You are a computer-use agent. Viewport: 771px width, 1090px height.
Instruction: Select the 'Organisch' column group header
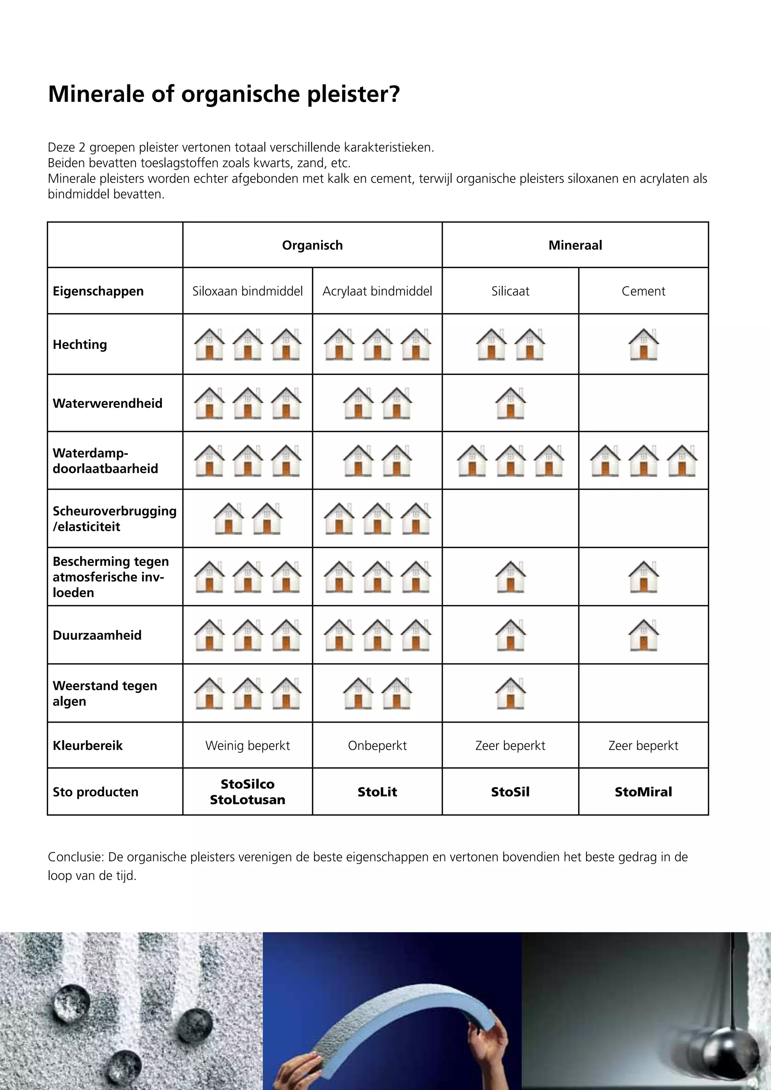[312, 245]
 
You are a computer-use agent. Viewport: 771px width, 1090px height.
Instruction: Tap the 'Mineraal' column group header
[575, 245]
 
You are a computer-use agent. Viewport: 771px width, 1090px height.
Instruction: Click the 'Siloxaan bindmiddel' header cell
[247, 291]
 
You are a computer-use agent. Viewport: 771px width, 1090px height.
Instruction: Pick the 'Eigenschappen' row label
[98, 291]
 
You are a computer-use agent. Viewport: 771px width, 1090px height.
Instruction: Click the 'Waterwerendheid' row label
[107, 403]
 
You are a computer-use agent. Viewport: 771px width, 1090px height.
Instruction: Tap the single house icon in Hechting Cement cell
[643, 344]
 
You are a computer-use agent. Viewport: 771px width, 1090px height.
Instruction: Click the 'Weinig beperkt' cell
[247, 745]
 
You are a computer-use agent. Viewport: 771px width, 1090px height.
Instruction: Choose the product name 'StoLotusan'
[247, 800]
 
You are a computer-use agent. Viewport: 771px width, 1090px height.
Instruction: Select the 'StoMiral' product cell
[643, 792]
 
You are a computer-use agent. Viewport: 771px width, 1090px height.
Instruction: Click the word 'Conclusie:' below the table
[76, 857]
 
